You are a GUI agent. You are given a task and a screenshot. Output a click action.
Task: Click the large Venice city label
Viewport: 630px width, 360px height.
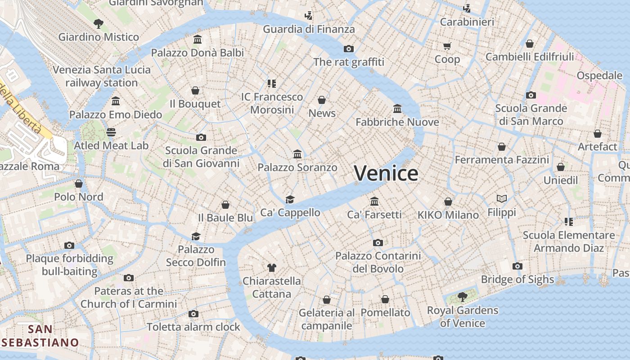pyautogui.click(x=386, y=174)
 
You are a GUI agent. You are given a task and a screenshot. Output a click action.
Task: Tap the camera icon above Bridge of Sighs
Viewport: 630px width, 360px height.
pyautogui.click(x=517, y=266)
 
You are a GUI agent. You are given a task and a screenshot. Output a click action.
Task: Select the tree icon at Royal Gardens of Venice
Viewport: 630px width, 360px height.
pyautogui.click(x=462, y=297)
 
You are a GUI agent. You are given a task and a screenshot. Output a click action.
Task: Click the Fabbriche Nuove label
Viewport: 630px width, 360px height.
pyautogui.click(x=397, y=122)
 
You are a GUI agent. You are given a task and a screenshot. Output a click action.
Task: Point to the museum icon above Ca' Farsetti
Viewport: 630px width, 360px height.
pyautogui.click(x=374, y=201)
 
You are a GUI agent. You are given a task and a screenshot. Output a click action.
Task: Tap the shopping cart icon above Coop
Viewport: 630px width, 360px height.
pyautogui.click(x=447, y=46)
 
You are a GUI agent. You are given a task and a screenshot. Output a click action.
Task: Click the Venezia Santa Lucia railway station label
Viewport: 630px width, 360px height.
pyautogui.click(x=102, y=76)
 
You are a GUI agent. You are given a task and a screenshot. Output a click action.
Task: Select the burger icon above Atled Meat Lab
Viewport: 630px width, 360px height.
pyautogui.click(x=111, y=132)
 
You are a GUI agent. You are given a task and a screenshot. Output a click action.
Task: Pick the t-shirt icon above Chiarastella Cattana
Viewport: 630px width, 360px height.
pyautogui.click(x=271, y=268)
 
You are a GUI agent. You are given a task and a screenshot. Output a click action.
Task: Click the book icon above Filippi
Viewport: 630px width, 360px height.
pyautogui.click(x=502, y=198)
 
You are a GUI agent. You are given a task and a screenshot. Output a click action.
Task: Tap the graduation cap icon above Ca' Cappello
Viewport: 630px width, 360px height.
pyautogui.click(x=290, y=199)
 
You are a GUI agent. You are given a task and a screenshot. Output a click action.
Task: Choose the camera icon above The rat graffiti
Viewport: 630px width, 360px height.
pyautogui.click(x=349, y=49)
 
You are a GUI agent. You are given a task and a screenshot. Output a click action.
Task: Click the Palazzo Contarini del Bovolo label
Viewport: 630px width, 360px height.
pyautogui.click(x=378, y=262)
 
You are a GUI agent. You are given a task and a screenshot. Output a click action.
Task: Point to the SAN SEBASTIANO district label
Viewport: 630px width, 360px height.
pyautogui.click(x=40, y=336)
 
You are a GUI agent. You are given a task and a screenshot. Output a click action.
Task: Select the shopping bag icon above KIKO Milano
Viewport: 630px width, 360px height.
pyautogui.click(x=448, y=202)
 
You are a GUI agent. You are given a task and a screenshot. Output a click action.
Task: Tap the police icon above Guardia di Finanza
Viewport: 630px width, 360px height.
pyautogui.click(x=309, y=16)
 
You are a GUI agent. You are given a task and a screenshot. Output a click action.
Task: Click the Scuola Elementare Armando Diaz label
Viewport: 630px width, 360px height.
pyautogui.click(x=569, y=242)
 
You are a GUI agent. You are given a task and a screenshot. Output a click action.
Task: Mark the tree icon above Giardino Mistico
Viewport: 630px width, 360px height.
pyautogui.click(x=99, y=24)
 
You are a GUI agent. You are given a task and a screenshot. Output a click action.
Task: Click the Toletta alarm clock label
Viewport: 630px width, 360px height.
pyautogui.click(x=193, y=327)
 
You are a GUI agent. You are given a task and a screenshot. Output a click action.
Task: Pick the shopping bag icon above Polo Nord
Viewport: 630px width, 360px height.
pyautogui.click(x=79, y=184)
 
